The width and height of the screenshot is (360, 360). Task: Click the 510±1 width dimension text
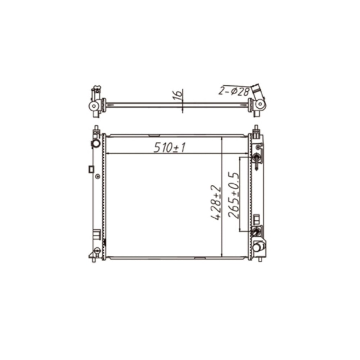click(170, 147)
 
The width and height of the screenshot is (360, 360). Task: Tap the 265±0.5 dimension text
click(234, 195)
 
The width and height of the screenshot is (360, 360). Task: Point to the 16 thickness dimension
click(179, 94)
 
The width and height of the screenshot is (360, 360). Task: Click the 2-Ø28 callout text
click(234, 91)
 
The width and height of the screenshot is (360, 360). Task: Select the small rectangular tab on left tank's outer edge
click(91, 169)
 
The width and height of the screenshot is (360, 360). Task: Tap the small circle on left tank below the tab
click(98, 176)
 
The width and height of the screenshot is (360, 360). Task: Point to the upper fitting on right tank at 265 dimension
click(256, 158)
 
